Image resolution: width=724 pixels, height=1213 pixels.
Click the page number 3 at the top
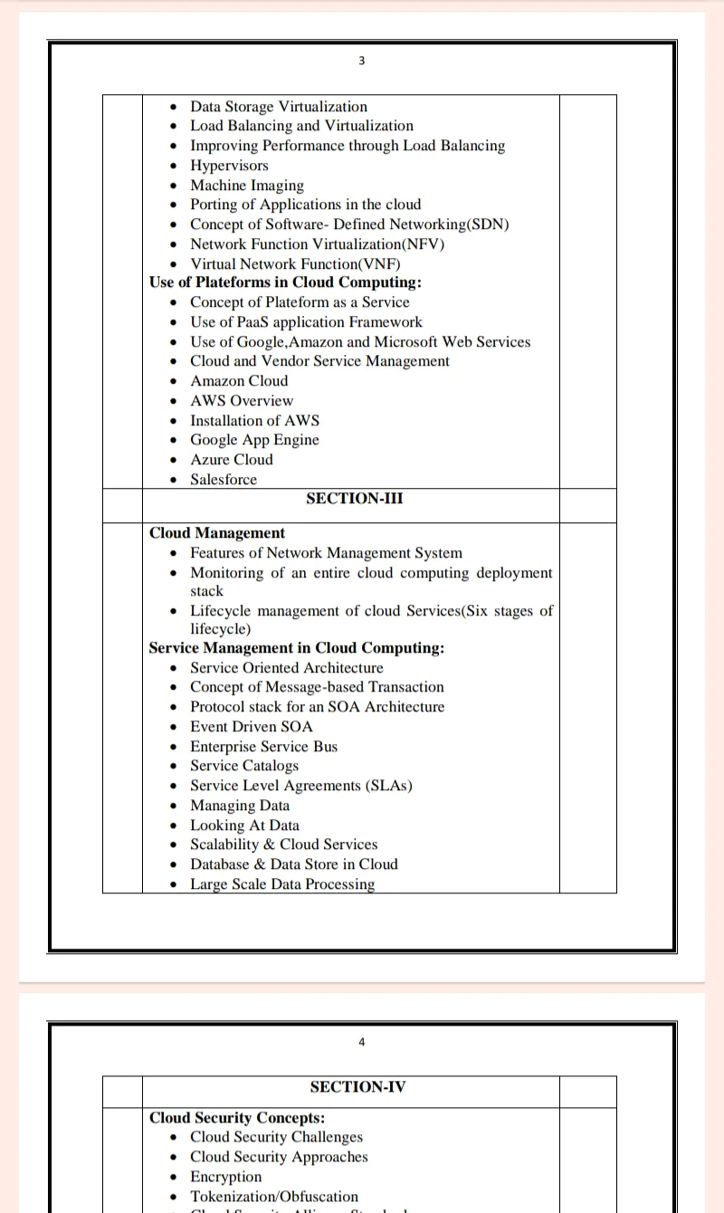[362, 61]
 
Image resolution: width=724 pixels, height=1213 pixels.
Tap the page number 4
[362, 1042]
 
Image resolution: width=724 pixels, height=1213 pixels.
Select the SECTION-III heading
[354, 499]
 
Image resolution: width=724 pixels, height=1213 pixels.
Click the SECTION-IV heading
[357, 1087]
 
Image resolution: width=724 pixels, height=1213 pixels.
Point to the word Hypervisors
[229, 166]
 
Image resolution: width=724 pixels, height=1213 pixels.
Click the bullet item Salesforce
[224, 480]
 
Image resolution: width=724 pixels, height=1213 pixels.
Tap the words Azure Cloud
[231, 460]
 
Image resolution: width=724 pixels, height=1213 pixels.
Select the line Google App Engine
[254, 440]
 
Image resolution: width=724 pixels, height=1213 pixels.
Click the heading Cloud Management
[217, 533]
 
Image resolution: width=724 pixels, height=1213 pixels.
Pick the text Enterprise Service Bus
[263, 747]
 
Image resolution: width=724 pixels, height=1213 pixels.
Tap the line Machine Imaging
[247, 186]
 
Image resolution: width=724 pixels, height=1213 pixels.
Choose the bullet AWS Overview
[242, 401]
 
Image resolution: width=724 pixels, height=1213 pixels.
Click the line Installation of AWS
[254, 421]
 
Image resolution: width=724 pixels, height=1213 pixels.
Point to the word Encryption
[225, 1177]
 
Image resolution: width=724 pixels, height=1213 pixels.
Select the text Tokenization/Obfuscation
[274, 1197]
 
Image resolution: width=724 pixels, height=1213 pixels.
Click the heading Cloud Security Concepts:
[237, 1118]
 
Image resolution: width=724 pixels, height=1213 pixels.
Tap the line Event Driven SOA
[252, 727]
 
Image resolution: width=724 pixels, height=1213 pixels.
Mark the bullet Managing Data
[240, 806]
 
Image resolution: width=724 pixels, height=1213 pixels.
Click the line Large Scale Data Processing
[282, 884]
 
